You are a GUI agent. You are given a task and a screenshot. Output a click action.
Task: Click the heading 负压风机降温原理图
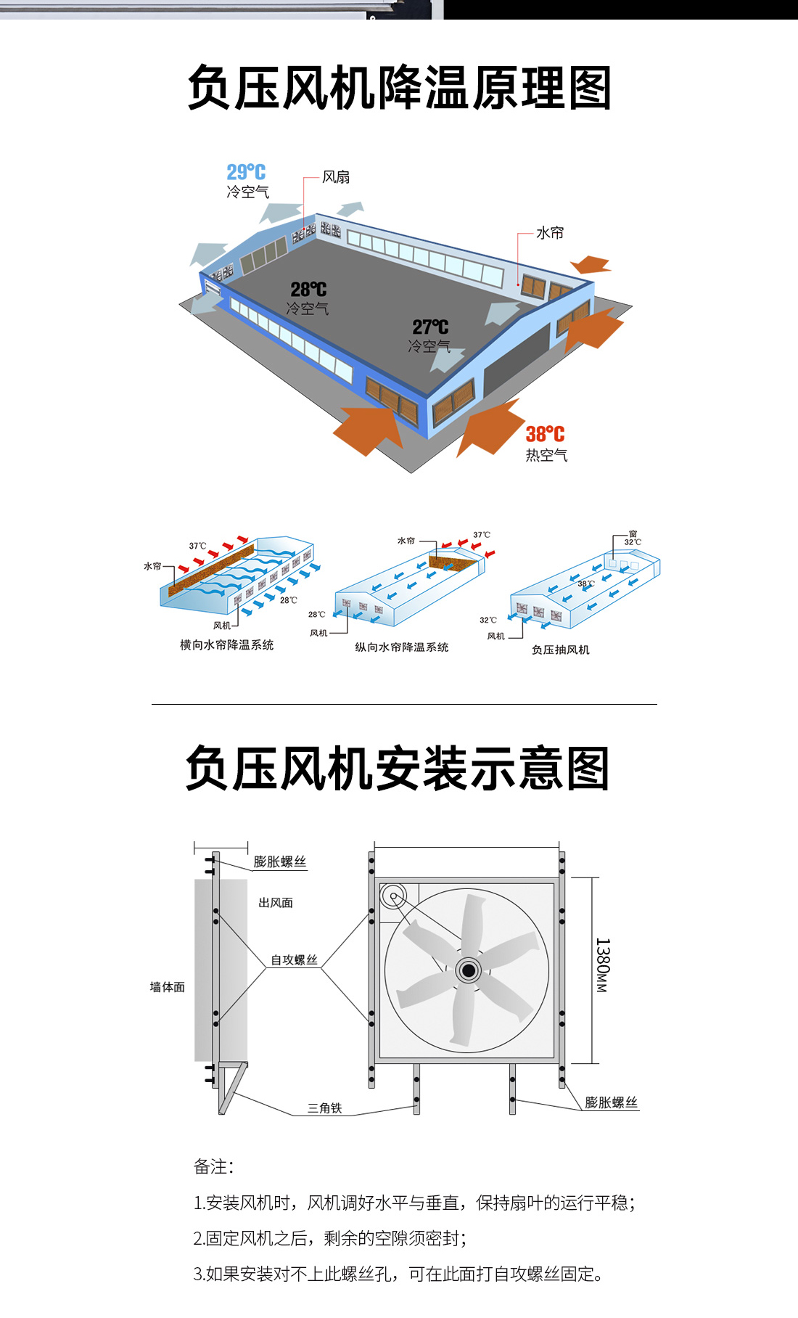click(399, 88)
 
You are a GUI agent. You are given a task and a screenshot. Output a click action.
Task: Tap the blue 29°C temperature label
click(246, 172)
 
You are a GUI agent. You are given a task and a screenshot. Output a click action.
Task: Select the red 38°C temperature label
click(545, 434)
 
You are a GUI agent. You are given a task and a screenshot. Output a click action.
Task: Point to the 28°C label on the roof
click(308, 290)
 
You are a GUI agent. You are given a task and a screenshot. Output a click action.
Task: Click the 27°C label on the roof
click(430, 327)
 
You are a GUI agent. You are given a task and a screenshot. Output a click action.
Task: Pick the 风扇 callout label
click(336, 177)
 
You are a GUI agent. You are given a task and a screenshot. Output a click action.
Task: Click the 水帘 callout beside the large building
click(550, 233)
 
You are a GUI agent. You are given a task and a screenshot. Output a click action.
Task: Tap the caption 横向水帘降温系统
click(226, 645)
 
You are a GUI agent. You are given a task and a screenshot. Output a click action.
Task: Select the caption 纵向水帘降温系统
click(401, 647)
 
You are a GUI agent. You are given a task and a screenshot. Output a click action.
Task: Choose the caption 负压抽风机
click(560, 650)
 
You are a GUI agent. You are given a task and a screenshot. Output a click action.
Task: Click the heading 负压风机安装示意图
click(398, 769)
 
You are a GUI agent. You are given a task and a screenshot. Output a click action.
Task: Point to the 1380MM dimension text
click(602, 965)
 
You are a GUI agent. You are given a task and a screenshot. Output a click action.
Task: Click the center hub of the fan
click(469, 970)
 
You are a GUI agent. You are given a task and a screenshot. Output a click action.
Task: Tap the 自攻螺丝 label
click(294, 960)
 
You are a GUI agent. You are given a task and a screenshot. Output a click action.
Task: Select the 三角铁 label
click(324, 1108)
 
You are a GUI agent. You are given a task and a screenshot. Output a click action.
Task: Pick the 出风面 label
click(276, 903)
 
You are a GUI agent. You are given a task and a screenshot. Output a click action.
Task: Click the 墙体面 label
click(167, 987)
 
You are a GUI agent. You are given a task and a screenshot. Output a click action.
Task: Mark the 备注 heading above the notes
click(213, 1166)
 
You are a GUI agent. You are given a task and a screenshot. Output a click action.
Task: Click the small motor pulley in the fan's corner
click(393, 896)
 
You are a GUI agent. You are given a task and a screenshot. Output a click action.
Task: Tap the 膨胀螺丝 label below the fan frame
click(611, 1102)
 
